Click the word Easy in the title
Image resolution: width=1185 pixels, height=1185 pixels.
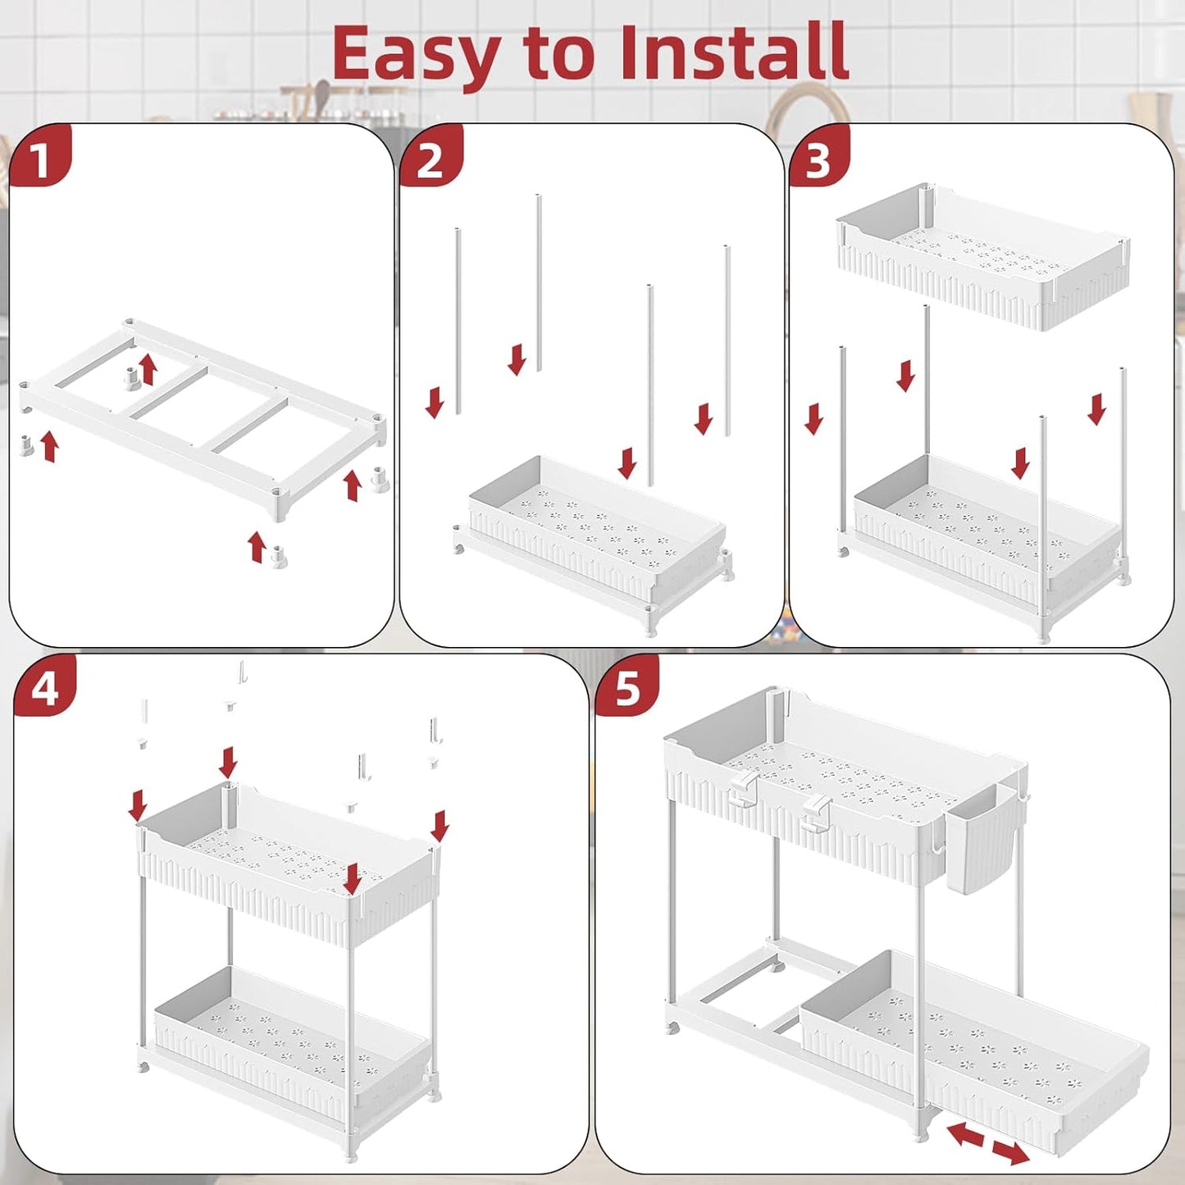[416, 56]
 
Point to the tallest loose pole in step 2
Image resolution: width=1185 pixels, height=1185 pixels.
[539, 283]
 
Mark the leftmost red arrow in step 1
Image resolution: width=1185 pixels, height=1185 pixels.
[50, 447]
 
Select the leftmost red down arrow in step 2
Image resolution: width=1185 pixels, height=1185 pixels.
[435, 403]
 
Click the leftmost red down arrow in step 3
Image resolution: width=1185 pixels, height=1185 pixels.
[814, 419]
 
